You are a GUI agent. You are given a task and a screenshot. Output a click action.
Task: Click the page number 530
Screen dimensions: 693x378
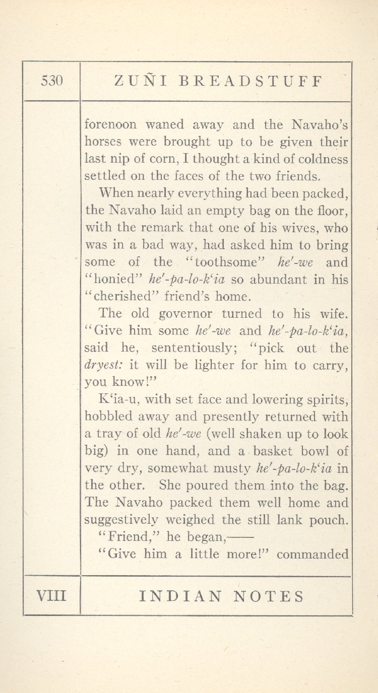coord(52,81)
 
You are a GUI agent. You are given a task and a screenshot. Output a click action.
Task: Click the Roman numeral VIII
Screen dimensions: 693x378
coord(51,596)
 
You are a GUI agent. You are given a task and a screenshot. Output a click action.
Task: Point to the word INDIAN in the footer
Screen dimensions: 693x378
coord(180,597)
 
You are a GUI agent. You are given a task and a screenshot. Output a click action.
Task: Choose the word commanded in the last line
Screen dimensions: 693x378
coord(312,555)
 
